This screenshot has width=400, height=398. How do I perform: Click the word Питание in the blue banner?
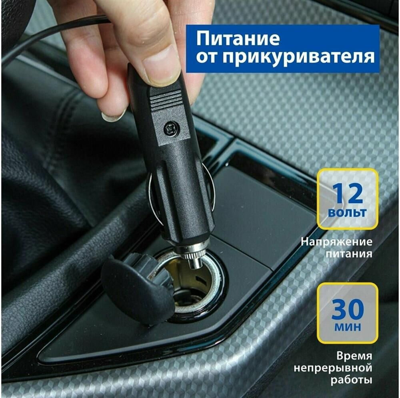(x=238, y=39)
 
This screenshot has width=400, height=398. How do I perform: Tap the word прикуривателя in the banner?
(x=298, y=57)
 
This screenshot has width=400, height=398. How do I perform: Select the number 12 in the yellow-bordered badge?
(x=348, y=193)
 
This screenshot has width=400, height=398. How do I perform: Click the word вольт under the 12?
(x=348, y=212)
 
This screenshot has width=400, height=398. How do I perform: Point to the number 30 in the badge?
(x=348, y=309)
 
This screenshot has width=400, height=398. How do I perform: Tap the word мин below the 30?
(x=348, y=327)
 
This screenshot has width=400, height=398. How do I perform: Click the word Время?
(x=354, y=356)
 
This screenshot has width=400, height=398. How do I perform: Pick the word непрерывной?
(x=333, y=368)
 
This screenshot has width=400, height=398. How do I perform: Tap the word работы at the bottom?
(x=351, y=380)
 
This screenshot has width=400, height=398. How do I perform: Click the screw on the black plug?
(x=169, y=128)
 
